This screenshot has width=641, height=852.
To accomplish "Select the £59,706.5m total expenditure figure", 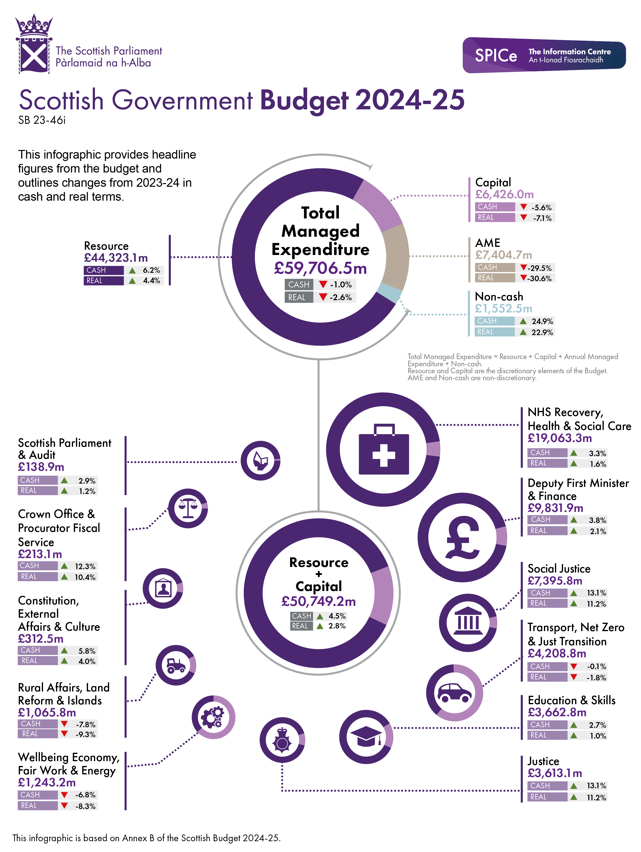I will pyautogui.click(x=320, y=268).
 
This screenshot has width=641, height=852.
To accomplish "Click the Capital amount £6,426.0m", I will pyautogui.click(x=504, y=194).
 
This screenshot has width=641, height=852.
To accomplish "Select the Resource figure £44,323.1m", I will pyautogui.click(x=116, y=258).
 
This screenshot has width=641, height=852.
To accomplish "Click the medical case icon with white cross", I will pyautogui.click(x=383, y=449).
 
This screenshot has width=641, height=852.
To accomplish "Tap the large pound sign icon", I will pyautogui.click(x=462, y=537).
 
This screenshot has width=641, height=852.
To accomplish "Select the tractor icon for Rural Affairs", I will pyautogui.click(x=176, y=665).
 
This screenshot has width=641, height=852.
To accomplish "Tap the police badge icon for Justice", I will pyautogui.click(x=282, y=740).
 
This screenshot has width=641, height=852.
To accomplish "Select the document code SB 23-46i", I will pyautogui.click(x=42, y=121).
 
